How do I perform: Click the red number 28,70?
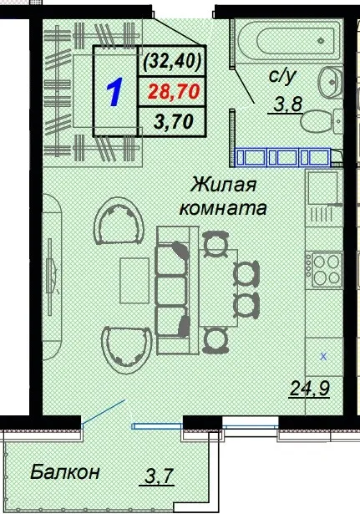click(x=175, y=91)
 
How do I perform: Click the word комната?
click(x=222, y=208)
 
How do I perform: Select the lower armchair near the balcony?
click(x=123, y=349)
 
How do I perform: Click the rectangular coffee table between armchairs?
click(x=133, y=282)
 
